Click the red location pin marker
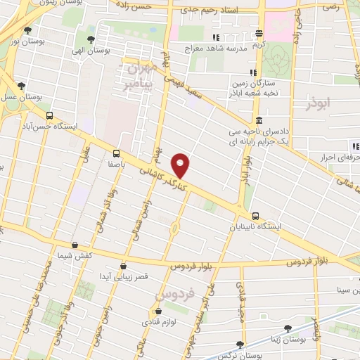[x=181, y=165]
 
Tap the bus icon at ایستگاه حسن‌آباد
[x=49, y=115]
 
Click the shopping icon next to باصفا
[x=116, y=153]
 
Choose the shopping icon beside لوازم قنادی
[x=157, y=311]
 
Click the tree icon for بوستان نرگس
[x=240, y=344]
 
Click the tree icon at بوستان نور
[x=27, y=30]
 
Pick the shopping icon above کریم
[x=259, y=33]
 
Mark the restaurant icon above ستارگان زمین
[x=252, y=72]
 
